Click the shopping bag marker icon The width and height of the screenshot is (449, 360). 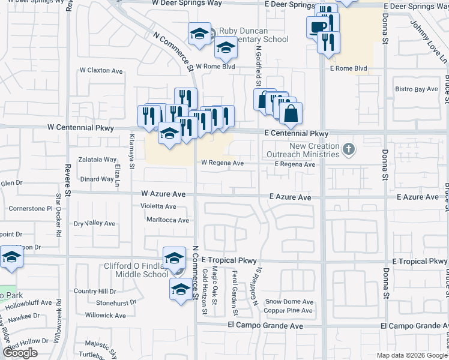coord(291,113)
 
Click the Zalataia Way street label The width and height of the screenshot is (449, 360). coord(97,160)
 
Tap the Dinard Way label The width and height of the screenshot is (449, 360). coord(97,179)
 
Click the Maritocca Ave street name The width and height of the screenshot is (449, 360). coord(167,220)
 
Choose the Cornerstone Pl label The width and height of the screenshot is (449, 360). coord(31,209)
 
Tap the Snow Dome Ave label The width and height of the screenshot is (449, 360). coord(289,302)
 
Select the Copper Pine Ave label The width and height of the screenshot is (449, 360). coord(289,311)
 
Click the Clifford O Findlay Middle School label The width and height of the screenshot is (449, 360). coord(124,269)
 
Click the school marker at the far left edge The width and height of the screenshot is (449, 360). coord(11,257)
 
